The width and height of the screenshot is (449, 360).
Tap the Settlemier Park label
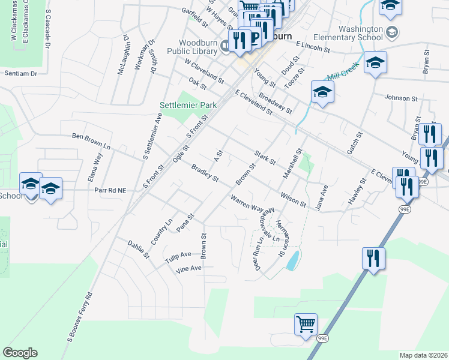click(188, 105)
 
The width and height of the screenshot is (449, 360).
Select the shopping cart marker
click(306, 324)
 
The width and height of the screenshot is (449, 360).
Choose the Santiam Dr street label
click(20, 73)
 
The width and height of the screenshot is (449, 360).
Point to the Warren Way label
click(248, 204)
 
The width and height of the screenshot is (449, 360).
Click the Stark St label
click(264, 158)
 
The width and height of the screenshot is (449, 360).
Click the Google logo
click(20, 353)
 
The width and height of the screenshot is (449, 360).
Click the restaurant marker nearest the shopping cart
click(373, 259)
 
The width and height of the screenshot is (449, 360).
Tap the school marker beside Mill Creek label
click(375, 62)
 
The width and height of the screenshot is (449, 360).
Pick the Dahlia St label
click(138, 248)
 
